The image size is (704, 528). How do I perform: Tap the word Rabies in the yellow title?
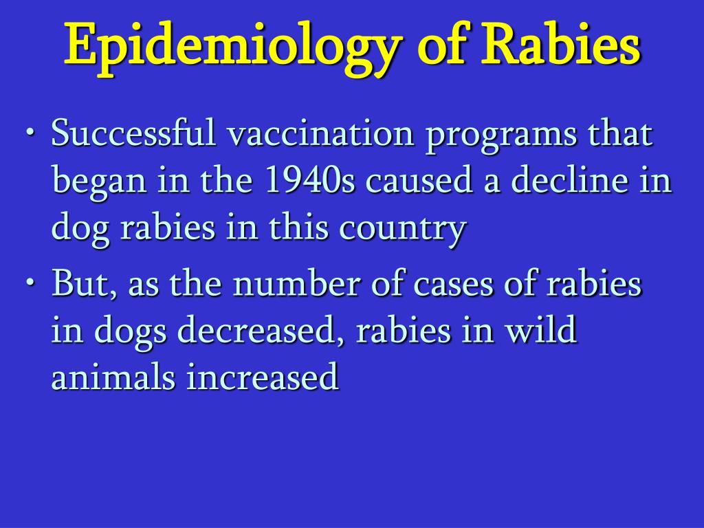[562, 43]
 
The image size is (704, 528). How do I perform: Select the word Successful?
[133, 133]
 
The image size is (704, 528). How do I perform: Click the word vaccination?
[320, 133]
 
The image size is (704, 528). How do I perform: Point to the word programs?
[501, 137]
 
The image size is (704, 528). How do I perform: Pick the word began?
[100, 183]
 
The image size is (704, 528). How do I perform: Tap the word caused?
[419, 179]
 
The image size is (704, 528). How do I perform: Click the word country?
[403, 230]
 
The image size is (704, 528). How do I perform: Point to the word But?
[84, 283]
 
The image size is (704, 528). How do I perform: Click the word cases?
[454, 287]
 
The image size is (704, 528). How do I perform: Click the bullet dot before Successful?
[30, 132]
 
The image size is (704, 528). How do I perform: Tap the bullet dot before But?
[30, 282]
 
